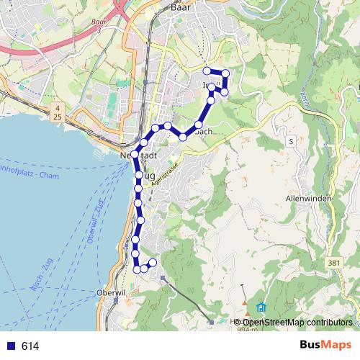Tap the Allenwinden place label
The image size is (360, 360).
click(307, 197)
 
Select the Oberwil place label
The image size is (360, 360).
click(111, 292)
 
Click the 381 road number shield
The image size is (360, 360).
click(333, 263)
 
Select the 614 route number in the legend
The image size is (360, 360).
click(30, 346)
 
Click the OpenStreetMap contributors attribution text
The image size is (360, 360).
click(297, 322)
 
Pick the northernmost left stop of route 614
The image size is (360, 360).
click(207, 71)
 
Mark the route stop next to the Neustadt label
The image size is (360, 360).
click(135, 153)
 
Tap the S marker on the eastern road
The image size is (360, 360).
click(290, 141)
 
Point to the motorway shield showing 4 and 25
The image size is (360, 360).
click(56, 112)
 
